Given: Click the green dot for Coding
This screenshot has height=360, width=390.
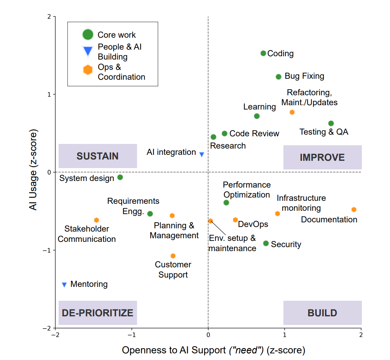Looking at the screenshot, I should [263, 53].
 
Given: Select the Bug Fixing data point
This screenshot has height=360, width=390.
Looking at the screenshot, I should [278, 77].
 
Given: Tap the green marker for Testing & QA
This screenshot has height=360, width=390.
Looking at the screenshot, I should [331, 123].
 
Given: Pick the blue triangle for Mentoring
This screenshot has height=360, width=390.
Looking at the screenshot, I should [64, 285].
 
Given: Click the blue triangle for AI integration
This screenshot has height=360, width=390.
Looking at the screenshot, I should [202, 154].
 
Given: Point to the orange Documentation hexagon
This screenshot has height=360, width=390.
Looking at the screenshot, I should [354, 209].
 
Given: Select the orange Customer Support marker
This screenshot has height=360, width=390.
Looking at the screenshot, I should [173, 256].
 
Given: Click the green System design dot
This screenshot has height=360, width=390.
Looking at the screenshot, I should [120, 177].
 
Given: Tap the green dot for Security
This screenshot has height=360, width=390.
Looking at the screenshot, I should [266, 244].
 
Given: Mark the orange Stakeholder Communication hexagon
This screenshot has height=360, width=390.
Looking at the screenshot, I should [96, 220].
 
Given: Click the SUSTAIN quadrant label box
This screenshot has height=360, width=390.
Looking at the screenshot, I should [98, 156].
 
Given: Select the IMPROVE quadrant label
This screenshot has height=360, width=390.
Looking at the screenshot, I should [322, 157].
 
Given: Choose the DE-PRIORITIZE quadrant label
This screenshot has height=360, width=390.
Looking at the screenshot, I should [98, 313].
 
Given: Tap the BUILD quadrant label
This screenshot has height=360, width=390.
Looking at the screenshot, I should [322, 313].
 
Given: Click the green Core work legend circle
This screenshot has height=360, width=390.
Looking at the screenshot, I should [88, 34].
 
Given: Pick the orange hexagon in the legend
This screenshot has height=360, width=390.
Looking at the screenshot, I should [88, 70].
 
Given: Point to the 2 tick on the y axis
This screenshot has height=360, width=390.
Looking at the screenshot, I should [49, 17].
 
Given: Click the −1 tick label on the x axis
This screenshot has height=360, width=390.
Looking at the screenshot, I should [131, 335].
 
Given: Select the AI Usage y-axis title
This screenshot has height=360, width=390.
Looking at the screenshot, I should [33, 170].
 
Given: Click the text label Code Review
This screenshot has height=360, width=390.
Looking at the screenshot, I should [254, 133].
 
